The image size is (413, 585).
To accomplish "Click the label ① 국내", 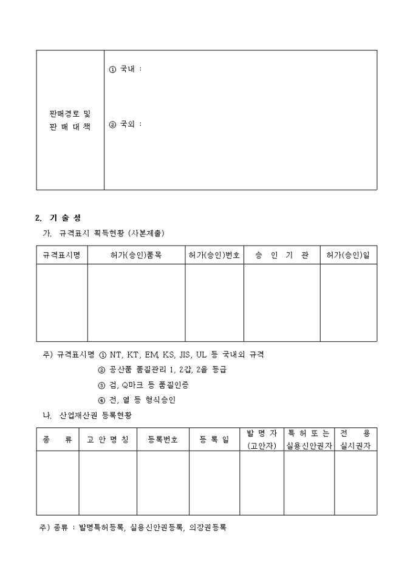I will [x=125, y=69].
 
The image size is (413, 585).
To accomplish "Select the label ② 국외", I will [x=125, y=124].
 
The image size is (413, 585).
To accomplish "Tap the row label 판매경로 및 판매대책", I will [x=70, y=120].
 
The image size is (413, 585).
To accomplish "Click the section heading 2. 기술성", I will [x=58, y=218].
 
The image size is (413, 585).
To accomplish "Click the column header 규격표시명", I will [x=61, y=255].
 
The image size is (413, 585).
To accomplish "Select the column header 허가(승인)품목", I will [x=136, y=255].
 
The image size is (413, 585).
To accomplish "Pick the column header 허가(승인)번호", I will [x=214, y=255].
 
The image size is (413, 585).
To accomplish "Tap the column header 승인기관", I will [x=282, y=255].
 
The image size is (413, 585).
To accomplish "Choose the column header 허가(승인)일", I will [x=348, y=255].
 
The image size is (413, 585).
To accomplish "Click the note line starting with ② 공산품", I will [x=162, y=370].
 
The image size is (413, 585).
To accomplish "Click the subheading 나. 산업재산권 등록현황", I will [x=87, y=415].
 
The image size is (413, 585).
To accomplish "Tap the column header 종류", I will [x=57, y=439].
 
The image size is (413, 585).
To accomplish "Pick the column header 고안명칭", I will [x=108, y=439].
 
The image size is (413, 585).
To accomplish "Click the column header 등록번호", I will [x=163, y=439].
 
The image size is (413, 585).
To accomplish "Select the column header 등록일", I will [x=214, y=439].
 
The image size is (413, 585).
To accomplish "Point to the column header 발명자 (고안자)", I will [x=262, y=439].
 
